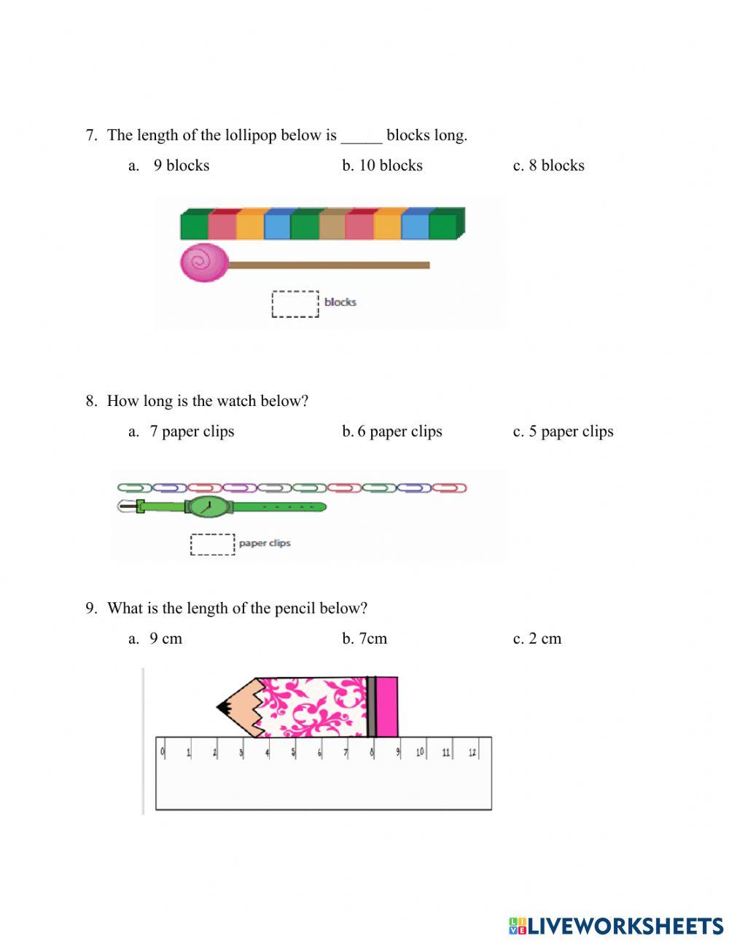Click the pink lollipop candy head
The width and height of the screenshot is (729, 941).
click(204, 263)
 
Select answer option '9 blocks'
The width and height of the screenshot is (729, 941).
click(181, 165)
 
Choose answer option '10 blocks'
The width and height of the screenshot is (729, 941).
click(390, 165)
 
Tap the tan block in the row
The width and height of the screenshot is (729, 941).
click(332, 224)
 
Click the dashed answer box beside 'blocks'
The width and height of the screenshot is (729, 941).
click(295, 303)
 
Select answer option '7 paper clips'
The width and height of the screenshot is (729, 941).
click(192, 432)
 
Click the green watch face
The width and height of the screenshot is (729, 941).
click(209, 506)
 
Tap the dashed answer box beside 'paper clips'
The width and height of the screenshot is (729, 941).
click(213, 544)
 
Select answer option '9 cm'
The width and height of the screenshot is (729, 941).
click(165, 639)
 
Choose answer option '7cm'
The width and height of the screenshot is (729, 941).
click(373, 639)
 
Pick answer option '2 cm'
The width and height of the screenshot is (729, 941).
click(545, 639)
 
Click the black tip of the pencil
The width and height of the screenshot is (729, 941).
click(222, 706)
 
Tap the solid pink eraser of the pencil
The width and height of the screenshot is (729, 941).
click(387, 706)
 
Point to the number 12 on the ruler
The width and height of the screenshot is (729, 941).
click(472, 751)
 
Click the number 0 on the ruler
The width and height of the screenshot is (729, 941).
click(163, 751)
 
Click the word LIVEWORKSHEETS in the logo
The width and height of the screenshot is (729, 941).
click(625, 926)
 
